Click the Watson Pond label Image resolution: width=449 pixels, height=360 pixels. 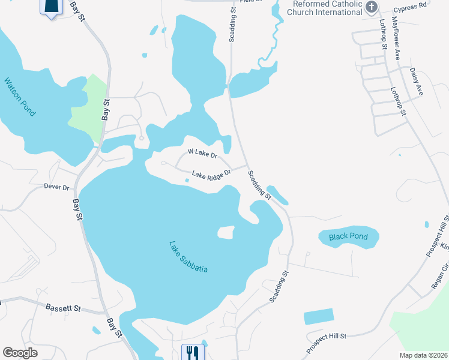tap(20, 97)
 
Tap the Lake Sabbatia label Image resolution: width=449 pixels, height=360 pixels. tap(188, 257)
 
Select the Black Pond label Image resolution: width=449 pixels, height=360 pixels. tap(348, 237)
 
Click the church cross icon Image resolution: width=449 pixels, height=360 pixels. tap(372, 7)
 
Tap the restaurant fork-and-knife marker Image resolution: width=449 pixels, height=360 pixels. tap(193, 352)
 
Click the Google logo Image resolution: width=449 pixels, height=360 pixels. tap(20, 353)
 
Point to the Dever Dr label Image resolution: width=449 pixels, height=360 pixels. tap(57, 187)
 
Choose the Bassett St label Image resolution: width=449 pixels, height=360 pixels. tap(63, 308)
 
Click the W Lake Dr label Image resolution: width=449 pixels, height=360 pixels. tap(202, 154)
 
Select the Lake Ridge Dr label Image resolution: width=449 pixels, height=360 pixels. tap(211, 175)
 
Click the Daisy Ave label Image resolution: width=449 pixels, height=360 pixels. tap(417, 82)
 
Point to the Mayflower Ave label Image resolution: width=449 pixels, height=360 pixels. tap(397, 38)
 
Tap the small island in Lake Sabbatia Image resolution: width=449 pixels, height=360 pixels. tap(225, 233)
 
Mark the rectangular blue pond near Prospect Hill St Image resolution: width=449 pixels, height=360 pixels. tap(318, 316)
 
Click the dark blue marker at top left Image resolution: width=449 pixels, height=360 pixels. tap(52, 7)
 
